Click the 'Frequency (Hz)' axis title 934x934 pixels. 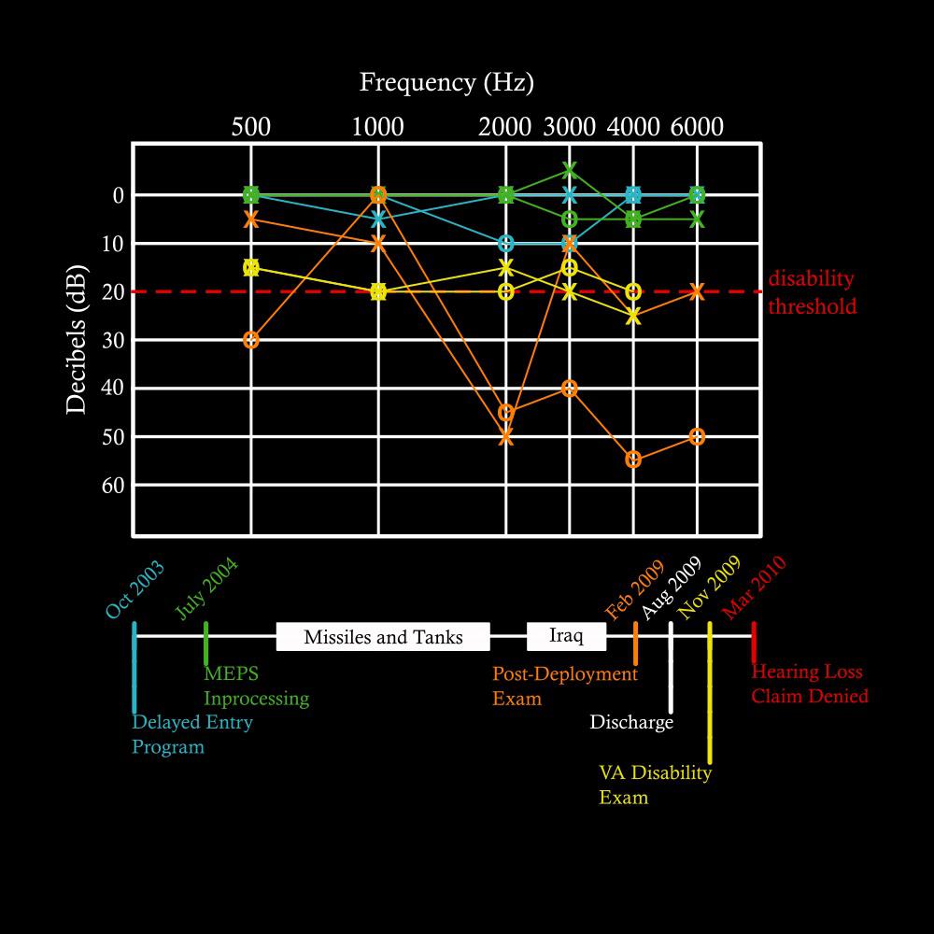coord(446,82)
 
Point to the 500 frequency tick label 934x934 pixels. coord(250,126)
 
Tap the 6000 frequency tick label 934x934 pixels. coord(697,126)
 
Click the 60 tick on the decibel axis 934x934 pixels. coord(113,486)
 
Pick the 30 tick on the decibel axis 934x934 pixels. coord(113,340)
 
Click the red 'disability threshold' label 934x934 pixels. coord(812,292)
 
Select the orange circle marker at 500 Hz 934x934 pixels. coord(250,340)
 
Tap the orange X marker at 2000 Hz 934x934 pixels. coord(506,436)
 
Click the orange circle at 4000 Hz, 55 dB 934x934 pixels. coord(633,460)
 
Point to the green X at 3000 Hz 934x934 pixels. coord(570,170)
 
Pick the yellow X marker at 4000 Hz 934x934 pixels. coord(633,316)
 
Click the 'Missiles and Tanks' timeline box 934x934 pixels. coord(383,638)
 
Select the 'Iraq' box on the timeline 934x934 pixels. coord(566,636)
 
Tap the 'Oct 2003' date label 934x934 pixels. coord(135,590)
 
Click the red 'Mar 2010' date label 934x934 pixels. coord(757,588)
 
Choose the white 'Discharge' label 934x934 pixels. coord(631,723)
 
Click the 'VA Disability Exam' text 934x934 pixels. coord(655,785)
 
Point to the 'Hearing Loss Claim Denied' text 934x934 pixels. coord(810,684)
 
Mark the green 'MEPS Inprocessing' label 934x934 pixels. coord(256,685)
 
